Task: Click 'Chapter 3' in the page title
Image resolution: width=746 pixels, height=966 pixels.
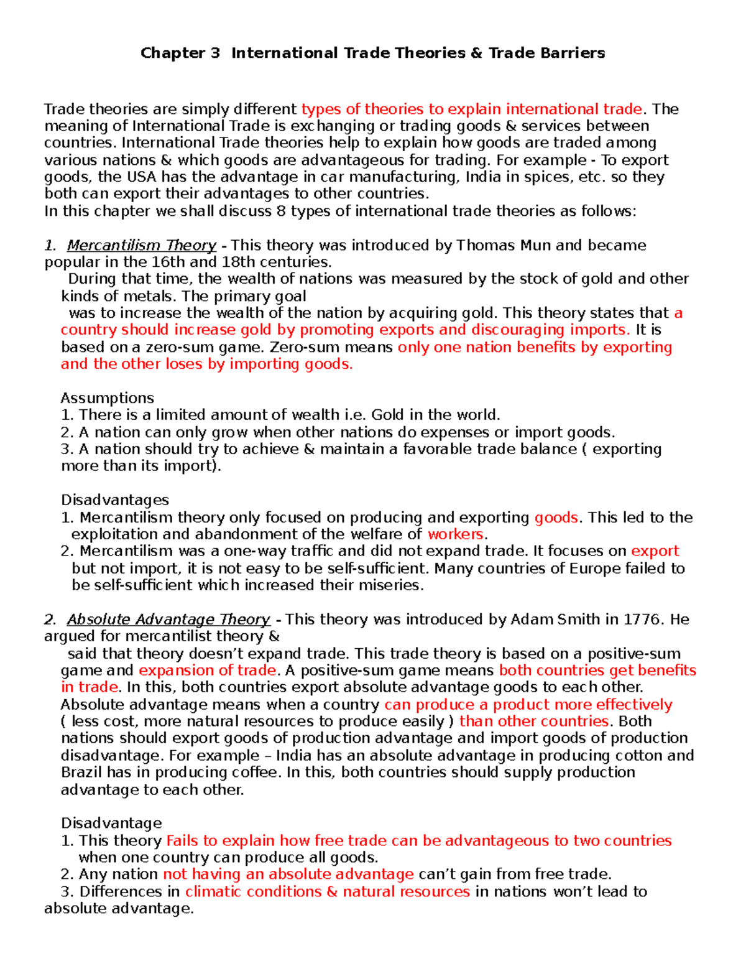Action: (180, 53)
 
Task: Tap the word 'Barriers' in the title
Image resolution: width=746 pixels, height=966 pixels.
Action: (573, 53)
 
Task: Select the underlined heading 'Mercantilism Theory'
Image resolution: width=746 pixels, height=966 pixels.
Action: (142, 245)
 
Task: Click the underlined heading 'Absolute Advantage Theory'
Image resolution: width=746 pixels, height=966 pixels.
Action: (168, 620)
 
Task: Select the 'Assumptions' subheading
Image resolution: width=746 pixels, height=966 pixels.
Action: (108, 398)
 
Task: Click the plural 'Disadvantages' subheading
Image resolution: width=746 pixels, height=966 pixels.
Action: (115, 500)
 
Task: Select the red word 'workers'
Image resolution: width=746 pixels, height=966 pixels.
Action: (455, 534)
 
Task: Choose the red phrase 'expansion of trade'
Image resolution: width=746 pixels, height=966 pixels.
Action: (208, 671)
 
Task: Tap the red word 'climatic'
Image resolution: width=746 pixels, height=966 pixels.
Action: (213, 892)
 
